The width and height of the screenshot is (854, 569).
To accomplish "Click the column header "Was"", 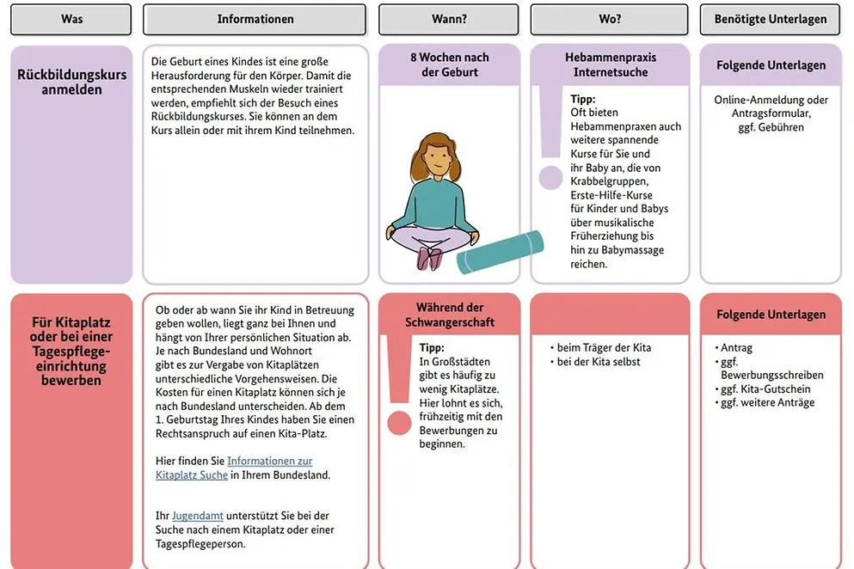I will pos(71,19).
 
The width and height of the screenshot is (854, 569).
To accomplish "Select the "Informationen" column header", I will pos(255,19).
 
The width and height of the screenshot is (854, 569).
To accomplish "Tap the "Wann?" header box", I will pos(449,19).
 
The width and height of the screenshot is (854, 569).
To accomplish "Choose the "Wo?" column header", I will pos(609,19).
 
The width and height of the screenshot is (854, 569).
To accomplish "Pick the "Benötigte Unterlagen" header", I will pos(771,19).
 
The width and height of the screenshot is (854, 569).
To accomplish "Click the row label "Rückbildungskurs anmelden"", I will pos(71,82).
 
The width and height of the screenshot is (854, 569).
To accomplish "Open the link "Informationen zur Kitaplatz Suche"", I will pos(233,468).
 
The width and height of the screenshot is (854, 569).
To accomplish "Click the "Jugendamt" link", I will pos(197,516).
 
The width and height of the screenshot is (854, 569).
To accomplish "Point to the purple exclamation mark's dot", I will pos(550,178).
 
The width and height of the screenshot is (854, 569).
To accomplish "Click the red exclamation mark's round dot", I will pos(399,422).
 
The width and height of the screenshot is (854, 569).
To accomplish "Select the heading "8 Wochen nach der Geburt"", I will pos(449,64).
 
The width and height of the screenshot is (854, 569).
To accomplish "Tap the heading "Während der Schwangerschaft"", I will pos(449,315).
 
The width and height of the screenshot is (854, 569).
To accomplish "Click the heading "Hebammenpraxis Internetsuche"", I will pos(609,64).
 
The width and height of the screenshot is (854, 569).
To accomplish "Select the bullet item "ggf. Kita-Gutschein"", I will pos(765,389).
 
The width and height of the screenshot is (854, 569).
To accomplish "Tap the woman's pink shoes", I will pos(429,257).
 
